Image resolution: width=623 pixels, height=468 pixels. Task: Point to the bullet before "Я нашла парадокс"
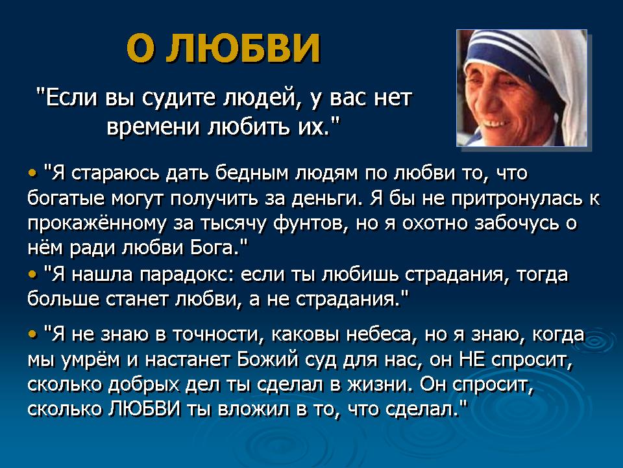(x=32, y=274)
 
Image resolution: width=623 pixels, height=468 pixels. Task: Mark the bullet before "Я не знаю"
(x=32, y=333)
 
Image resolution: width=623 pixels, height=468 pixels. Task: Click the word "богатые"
(x=66, y=198)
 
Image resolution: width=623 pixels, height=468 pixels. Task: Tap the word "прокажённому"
(x=97, y=224)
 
